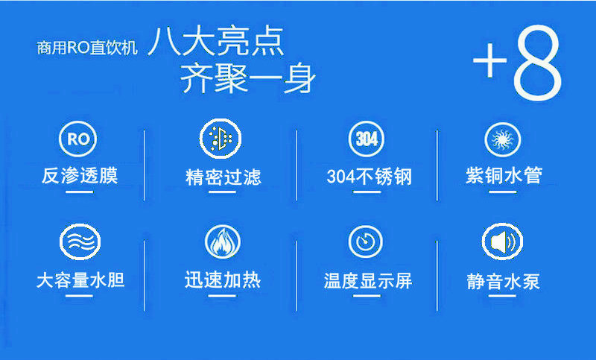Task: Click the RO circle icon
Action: click(x=78, y=139)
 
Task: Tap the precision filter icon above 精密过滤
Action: click(x=221, y=139)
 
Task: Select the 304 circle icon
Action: click(x=367, y=139)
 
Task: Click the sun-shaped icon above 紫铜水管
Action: click(x=502, y=139)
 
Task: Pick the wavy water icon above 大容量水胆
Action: click(x=80, y=241)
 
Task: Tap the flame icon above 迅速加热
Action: click(x=222, y=241)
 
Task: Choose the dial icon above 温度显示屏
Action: click(x=365, y=241)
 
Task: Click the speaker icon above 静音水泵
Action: click(x=502, y=241)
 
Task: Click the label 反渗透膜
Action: click(x=80, y=176)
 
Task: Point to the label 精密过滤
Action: click(x=223, y=177)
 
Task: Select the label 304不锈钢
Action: click(x=369, y=177)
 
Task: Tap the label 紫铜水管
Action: click(x=504, y=176)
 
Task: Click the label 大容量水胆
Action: click(x=80, y=280)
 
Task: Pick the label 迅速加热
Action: click(x=223, y=280)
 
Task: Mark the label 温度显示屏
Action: click(x=368, y=281)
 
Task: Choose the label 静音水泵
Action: click(x=504, y=282)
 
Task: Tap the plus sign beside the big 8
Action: click(x=489, y=60)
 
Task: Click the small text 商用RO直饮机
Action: click(x=87, y=48)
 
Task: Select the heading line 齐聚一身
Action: click(x=247, y=78)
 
